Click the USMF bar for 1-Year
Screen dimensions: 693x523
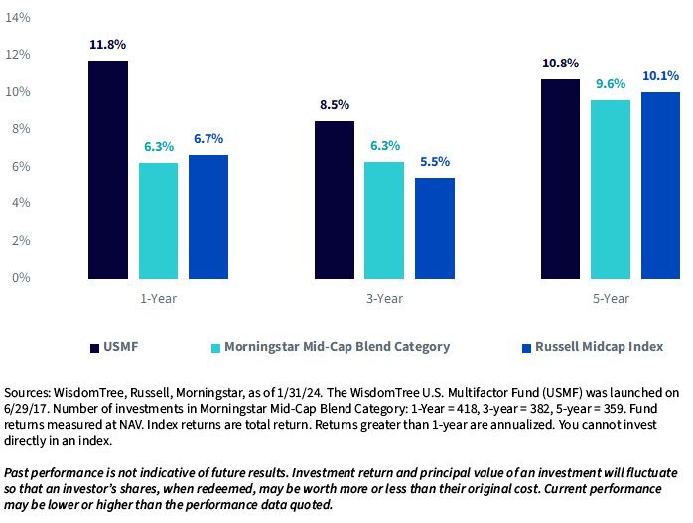click(x=108, y=170)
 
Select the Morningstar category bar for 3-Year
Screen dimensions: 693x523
click(x=384, y=220)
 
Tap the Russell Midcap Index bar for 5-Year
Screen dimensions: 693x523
click(x=661, y=186)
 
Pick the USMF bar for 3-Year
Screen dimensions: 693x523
click(x=335, y=199)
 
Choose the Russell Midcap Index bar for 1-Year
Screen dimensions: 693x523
click(x=208, y=216)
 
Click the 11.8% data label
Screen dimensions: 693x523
click(x=108, y=45)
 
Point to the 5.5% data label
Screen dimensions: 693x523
click(x=435, y=161)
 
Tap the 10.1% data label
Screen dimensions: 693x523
click(x=661, y=76)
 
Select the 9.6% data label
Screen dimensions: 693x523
click(x=611, y=84)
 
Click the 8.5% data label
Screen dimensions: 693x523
click(x=335, y=105)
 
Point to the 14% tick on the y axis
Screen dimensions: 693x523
click(x=17, y=17)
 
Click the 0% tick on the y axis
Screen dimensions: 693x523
click(x=21, y=278)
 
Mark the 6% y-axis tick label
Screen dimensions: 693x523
click(x=21, y=166)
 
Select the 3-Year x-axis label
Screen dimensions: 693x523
click(x=384, y=299)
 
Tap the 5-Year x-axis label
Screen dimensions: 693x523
click(x=611, y=299)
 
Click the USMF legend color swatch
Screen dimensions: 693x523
click(x=94, y=348)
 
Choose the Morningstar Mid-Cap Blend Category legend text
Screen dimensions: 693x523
click(x=338, y=347)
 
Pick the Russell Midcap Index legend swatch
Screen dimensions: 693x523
click(x=526, y=348)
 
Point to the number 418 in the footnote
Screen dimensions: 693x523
click(x=468, y=409)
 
